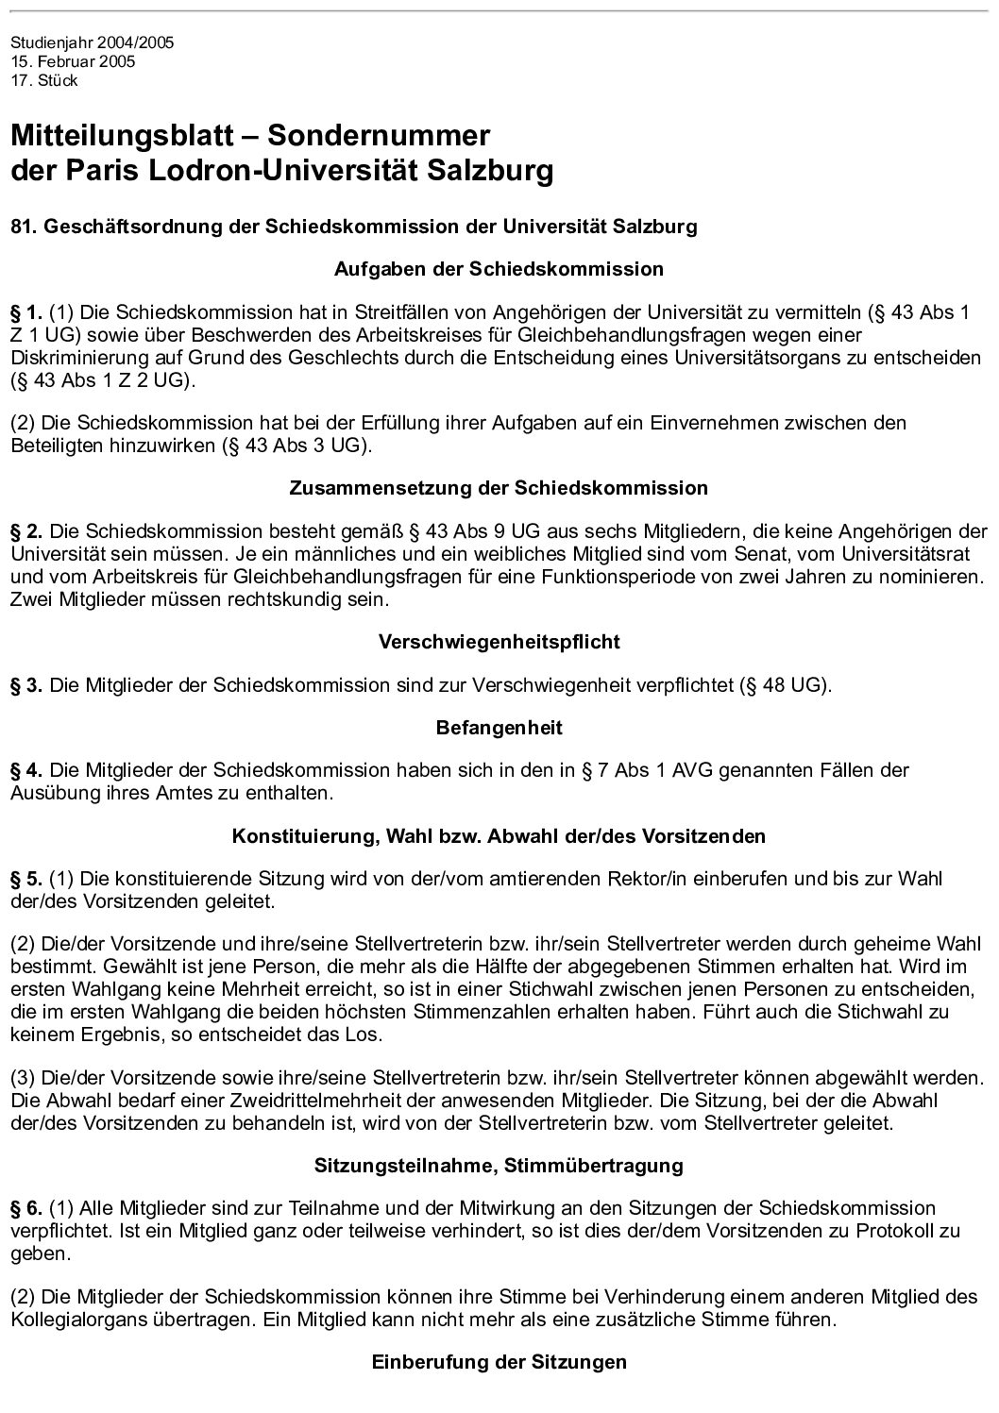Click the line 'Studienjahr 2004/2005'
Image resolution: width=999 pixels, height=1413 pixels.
click(92, 43)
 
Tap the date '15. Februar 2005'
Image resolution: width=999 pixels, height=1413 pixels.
click(73, 61)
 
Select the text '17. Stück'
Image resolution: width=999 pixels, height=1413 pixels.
click(43, 80)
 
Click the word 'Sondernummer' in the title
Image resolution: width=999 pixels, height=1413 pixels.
click(380, 136)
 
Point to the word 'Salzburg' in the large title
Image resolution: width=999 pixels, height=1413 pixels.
click(490, 173)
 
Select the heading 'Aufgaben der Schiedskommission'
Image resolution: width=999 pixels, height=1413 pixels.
click(499, 269)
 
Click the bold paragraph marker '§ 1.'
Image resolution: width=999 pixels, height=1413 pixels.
click(26, 311)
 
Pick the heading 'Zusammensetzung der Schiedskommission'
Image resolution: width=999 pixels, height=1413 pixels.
click(499, 488)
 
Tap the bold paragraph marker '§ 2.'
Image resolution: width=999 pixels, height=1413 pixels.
click(26, 530)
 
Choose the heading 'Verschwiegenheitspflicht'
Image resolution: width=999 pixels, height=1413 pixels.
click(499, 642)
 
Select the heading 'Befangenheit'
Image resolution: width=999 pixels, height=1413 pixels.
click(499, 728)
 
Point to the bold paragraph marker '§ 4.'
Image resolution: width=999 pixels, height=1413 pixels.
click(26, 770)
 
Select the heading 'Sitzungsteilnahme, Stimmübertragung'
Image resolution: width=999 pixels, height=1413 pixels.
click(499, 1166)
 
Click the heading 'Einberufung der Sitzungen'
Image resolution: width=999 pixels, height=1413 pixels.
click(499, 1362)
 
